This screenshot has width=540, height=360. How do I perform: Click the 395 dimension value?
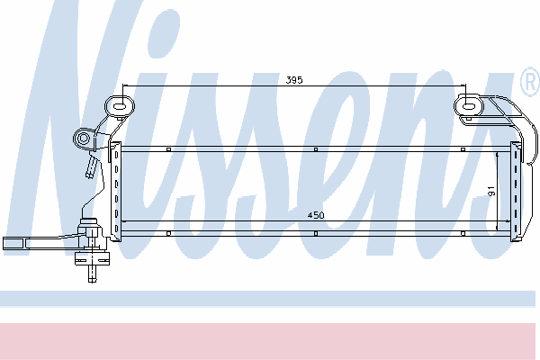pyautogui.click(x=294, y=80)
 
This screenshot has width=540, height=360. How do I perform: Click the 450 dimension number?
pyautogui.click(x=316, y=215)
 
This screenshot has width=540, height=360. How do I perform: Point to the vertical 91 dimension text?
pyautogui.click(x=491, y=191)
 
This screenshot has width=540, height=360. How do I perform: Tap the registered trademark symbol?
pyautogui.click(x=530, y=82)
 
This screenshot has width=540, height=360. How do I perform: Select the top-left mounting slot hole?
pyautogui.click(x=119, y=106)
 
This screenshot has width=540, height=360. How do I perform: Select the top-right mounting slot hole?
pyautogui.click(x=468, y=106)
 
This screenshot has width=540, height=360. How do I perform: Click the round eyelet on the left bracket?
pyautogui.click(x=83, y=139)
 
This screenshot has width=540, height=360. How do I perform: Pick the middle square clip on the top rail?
pyautogui.click(x=316, y=149)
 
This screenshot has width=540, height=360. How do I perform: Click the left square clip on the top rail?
pyautogui.click(x=168, y=149)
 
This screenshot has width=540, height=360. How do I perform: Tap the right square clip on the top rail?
pyautogui.click(x=463, y=149)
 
